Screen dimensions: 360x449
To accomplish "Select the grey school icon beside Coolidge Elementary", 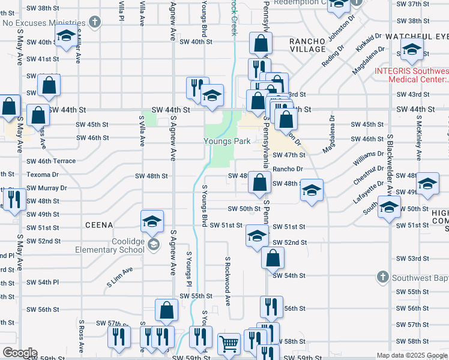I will coord(154,244).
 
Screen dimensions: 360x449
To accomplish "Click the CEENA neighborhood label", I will coord(101,225).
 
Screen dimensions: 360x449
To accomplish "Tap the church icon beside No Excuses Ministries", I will coord(94,22).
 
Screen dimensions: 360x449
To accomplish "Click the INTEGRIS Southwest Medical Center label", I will coord(412,75).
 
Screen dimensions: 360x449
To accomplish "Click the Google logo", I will coord(19,353).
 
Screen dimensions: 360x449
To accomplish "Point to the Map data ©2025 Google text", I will coord(412,355).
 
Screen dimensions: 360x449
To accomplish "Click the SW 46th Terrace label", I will coord(51,161).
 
